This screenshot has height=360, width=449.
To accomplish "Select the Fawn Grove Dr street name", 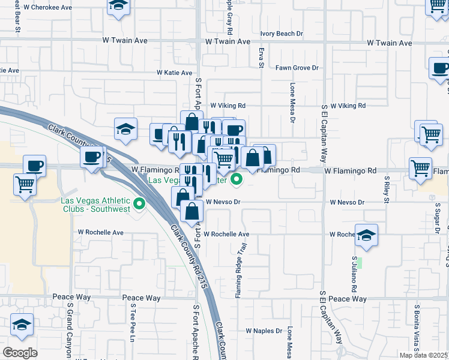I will (297, 68).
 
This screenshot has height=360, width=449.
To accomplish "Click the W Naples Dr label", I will (264, 331).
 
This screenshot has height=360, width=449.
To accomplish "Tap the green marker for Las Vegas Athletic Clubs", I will (140, 205).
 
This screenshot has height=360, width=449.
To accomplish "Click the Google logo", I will (20, 353).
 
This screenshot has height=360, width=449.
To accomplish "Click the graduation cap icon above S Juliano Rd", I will (366, 235).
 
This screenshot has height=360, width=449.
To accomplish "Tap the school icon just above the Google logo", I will (22, 325).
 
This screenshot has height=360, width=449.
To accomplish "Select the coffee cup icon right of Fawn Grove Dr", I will (440, 68).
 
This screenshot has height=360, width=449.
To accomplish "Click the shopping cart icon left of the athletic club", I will (25, 185).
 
